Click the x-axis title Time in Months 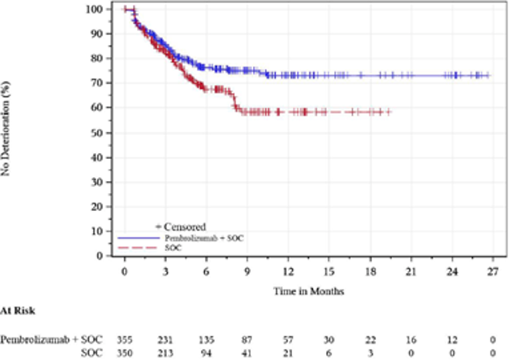point(309,291)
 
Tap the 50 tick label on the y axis point(97,132)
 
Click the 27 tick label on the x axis point(493,271)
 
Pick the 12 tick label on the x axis point(288,271)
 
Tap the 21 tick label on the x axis point(411,271)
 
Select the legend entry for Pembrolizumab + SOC point(193,237)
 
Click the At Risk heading point(18,310)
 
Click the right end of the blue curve point(489,76)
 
